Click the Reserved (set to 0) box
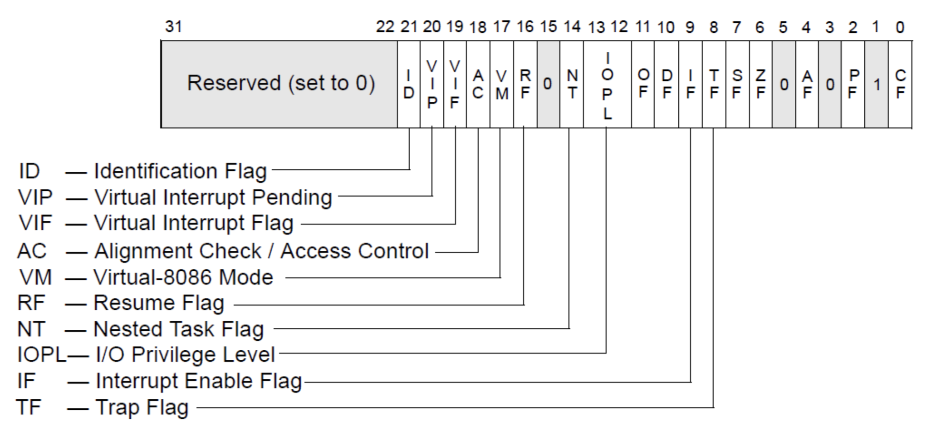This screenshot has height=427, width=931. point(280,84)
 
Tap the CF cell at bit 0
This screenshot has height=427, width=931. point(900,84)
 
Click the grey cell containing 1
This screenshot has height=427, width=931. point(877,84)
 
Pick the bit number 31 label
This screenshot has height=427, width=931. point(173,26)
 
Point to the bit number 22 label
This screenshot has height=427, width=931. point(385,27)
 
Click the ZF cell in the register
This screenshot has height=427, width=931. point(760,84)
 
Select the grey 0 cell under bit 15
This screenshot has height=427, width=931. point(548,84)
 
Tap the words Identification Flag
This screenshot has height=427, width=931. point(180,171)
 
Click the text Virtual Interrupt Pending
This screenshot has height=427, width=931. point(213,198)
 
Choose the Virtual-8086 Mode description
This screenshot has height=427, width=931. point(183,278)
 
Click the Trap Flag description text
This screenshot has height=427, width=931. point(142,407)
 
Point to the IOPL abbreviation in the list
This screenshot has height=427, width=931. point(41,355)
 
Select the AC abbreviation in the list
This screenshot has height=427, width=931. point(32,251)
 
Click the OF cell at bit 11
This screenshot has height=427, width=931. point(642,84)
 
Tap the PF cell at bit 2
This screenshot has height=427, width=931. point(853,84)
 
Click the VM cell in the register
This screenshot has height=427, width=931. point(501,84)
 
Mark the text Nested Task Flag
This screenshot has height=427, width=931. point(178,329)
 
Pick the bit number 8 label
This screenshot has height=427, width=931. point(714,27)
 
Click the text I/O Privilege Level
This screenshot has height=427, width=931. point(185,355)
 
